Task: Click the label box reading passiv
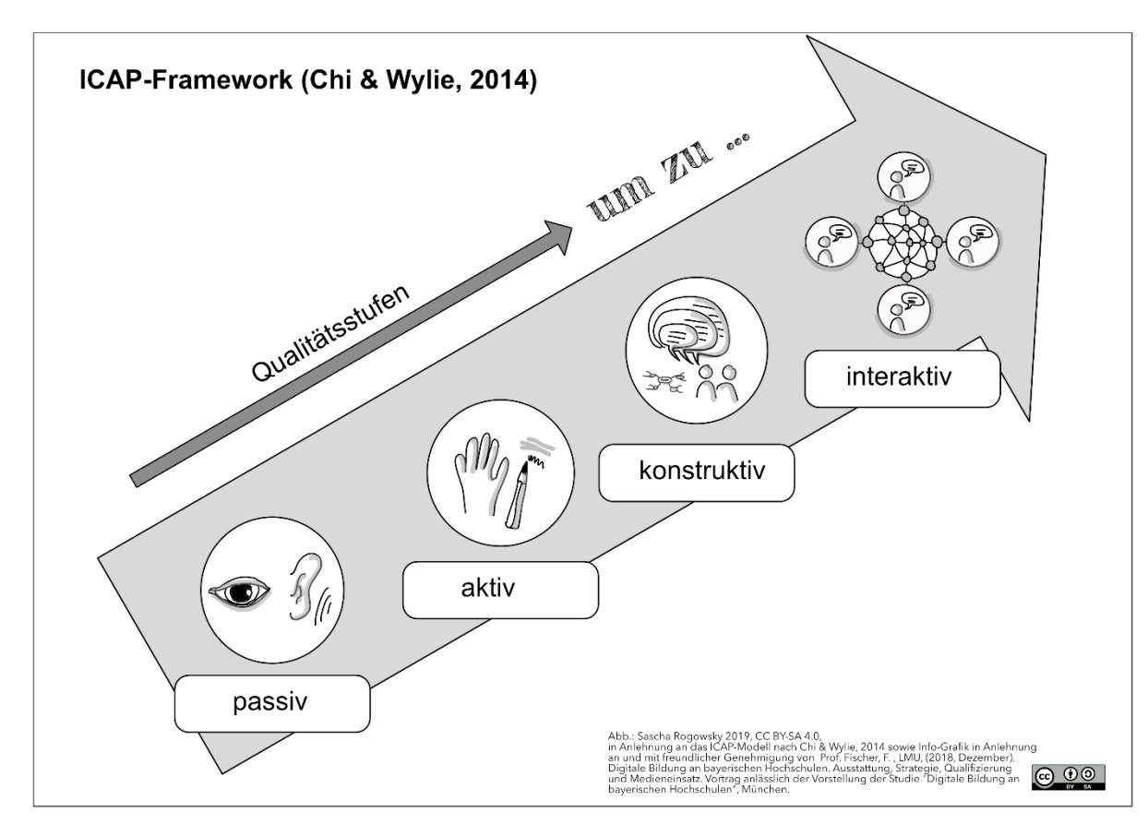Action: pyautogui.click(x=272, y=703)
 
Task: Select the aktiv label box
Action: pyautogui.click(x=500, y=590)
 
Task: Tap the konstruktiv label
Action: pyautogui.click(x=697, y=472)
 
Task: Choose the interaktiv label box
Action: pyautogui.click(x=903, y=378)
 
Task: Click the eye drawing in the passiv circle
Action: pyautogui.click(x=240, y=592)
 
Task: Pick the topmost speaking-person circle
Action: pyautogui.click(x=903, y=177)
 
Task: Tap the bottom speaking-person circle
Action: pyautogui.click(x=903, y=310)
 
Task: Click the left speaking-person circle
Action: pyautogui.click(x=831, y=243)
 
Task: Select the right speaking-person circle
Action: pyautogui.click(x=973, y=242)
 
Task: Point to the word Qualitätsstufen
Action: pyautogui.click(x=330, y=333)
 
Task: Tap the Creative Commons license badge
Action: pyautogui.click(x=1069, y=778)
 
